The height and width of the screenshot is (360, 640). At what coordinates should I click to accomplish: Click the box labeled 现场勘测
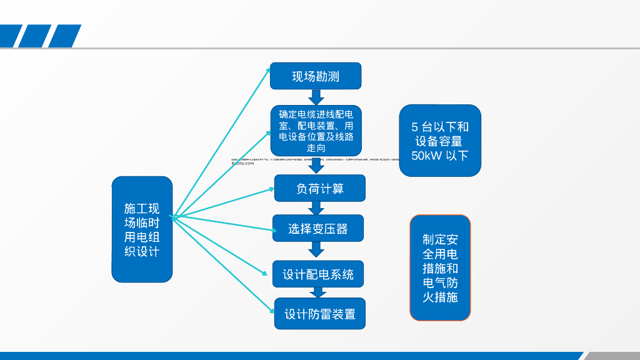(x=316, y=76)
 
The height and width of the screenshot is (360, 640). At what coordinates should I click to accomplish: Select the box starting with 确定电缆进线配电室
(x=316, y=131)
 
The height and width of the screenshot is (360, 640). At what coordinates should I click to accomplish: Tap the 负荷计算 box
(x=319, y=188)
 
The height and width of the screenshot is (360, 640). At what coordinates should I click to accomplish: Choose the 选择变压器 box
(x=317, y=229)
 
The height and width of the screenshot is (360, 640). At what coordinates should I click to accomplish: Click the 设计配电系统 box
(x=318, y=274)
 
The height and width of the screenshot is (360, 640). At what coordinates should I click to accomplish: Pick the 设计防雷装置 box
(x=319, y=314)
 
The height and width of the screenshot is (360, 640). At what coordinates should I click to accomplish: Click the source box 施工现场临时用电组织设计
(x=142, y=229)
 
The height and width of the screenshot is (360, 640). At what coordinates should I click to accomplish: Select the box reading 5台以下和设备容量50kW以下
(x=440, y=141)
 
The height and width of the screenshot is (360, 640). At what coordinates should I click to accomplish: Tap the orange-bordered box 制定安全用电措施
(x=440, y=268)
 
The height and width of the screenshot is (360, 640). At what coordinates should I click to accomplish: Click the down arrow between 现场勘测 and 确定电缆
(x=316, y=97)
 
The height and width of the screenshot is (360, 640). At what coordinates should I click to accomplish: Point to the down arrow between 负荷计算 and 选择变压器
(x=317, y=208)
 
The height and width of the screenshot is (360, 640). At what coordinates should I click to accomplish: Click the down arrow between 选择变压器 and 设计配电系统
(x=317, y=249)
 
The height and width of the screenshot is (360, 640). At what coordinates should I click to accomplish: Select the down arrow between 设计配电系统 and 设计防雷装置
(x=317, y=292)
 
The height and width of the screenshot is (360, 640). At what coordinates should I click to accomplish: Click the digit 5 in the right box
(x=415, y=127)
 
